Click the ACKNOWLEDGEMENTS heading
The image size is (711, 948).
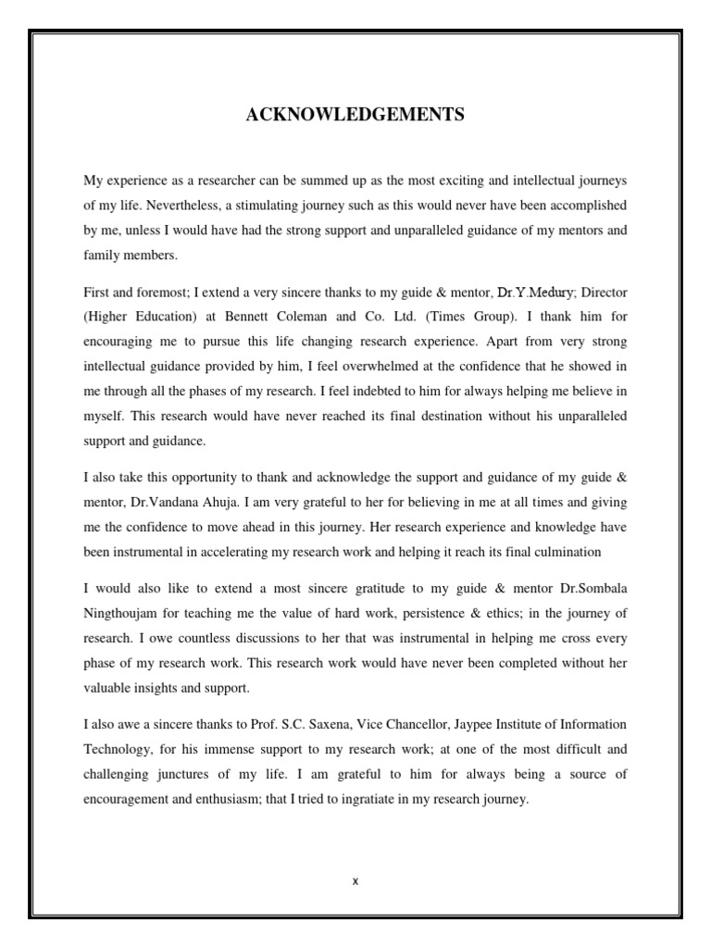tap(355, 115)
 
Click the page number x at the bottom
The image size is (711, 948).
tap(355, 880)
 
